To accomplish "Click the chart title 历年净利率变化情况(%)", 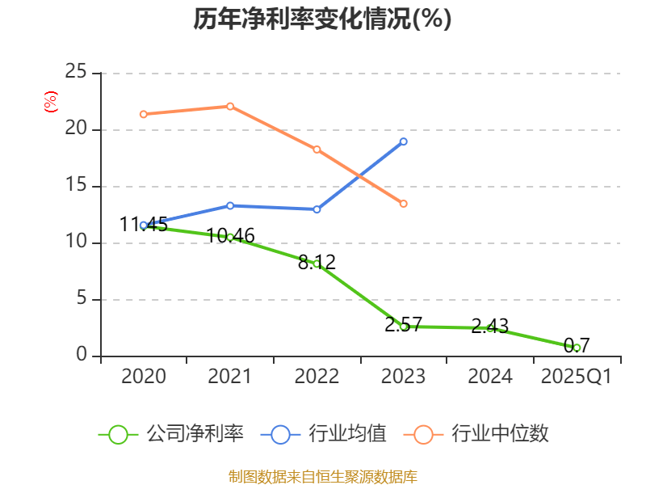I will tap(322, 19).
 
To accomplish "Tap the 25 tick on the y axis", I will tap(76, 73).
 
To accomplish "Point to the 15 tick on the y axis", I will tap(76, 186).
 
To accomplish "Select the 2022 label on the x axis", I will tap(317, 377).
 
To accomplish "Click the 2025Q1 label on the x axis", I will tap(577, 377).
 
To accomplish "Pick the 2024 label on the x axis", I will tap(490, 377).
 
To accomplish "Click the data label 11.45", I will tap(144, 225).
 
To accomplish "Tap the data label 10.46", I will tap(230, 236).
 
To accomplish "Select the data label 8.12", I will tap(317, 262).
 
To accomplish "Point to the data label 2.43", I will tap(490, 327).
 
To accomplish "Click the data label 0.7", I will tap(577, 346).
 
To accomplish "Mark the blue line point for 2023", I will tap(404, 141).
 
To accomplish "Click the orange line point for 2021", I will tap(230, 106).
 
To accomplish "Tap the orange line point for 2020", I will tap(144, 114).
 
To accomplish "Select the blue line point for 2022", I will tap(317, 209).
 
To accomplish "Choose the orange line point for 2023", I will tap(404, 204).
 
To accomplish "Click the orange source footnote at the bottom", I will tap(322, 476).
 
